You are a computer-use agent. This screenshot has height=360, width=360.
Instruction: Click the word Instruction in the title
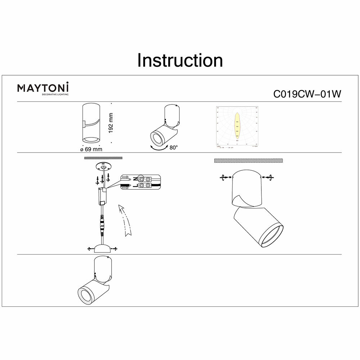pyautogui.click(x=180, y=60)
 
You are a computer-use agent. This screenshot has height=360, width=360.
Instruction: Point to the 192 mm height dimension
pyautogui.click(x=111, y=123)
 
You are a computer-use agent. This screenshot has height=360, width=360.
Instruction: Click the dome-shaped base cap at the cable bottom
pyautogui.click(x=103, y=249)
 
